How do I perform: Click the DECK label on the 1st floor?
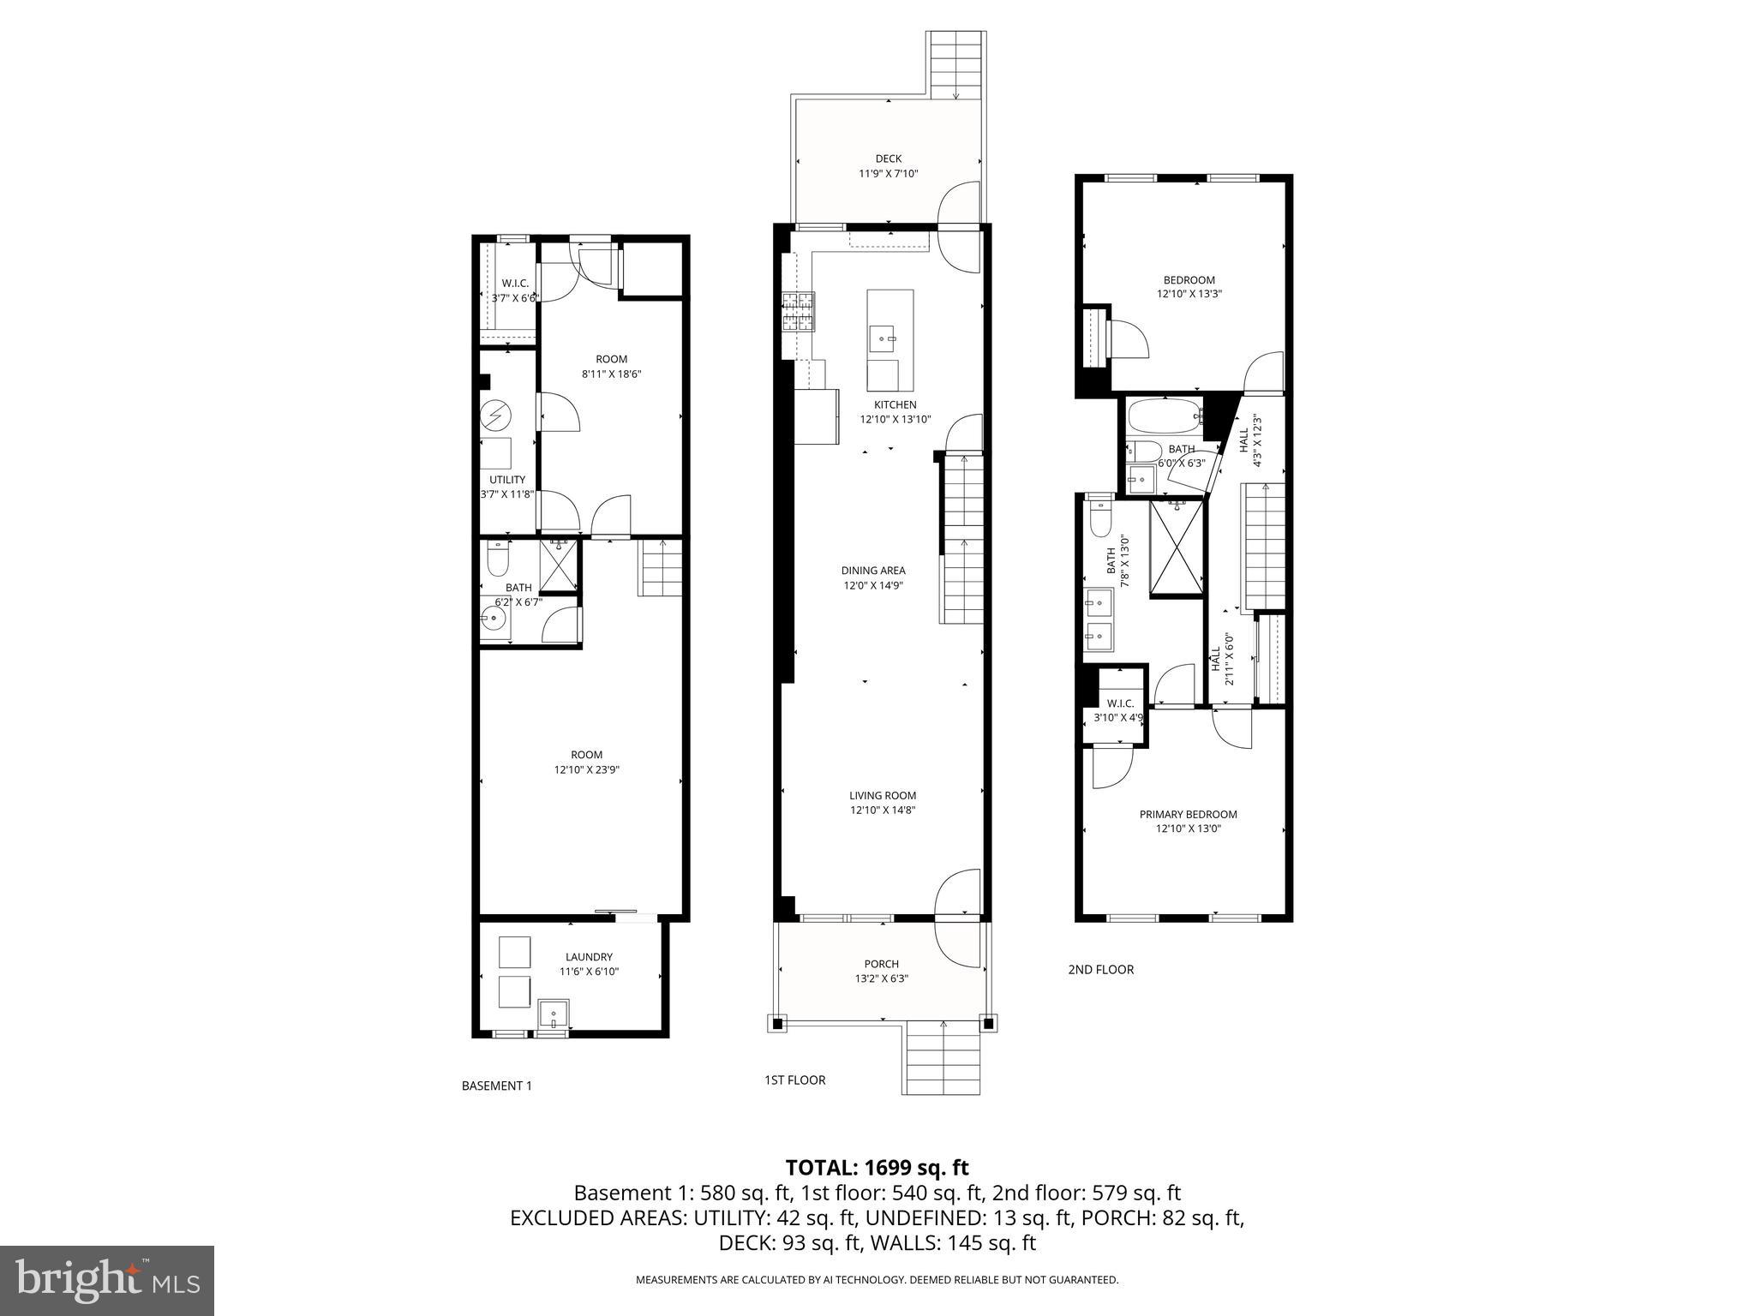888,159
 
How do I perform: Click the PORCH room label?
881,964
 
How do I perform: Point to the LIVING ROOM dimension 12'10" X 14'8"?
883,810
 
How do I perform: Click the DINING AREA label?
872,571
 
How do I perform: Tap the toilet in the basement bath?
496,559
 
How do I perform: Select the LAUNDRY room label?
589,957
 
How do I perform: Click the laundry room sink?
554,1014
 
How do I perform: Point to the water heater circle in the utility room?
495,416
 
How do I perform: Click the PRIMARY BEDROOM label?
1188,814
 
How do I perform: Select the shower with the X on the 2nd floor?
1176,547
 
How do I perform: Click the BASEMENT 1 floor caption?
496,1086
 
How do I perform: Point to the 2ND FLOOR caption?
1100,969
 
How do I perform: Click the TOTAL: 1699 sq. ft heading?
877,1167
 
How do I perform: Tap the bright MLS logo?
107,1280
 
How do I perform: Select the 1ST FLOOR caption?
794,1080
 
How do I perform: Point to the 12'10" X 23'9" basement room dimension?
586,769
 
